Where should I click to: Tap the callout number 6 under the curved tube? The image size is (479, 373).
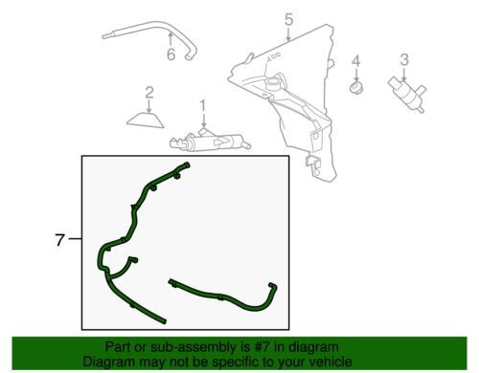click(x=171, y=55)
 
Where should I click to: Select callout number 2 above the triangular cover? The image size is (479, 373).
click(x=149, y=93)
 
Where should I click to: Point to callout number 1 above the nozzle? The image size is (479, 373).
click(x=202, y=103)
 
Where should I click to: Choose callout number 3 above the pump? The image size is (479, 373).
click(x=404, y=59)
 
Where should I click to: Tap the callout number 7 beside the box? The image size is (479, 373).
click(x=59, y=241)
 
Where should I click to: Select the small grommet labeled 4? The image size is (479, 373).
click(x=355, y=89)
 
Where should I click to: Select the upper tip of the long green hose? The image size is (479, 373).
click(x=187, y=167)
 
